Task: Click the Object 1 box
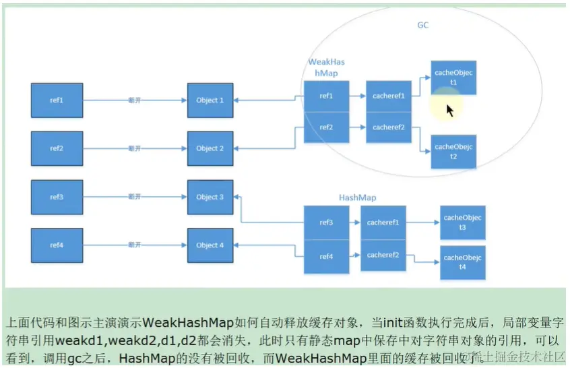coord(210,100)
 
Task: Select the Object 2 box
coord(210,149)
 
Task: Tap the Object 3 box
coord(210,197)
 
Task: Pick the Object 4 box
coord(210,245)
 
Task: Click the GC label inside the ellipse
coord(422,26)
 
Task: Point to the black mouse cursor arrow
coord(449,110)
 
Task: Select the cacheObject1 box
coord(453,78)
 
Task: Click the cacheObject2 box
coord(453,151)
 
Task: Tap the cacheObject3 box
coord(462,223)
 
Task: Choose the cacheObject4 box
coord(462,262)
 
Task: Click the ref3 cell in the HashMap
coord(326,222)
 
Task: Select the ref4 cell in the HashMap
coord(326,256)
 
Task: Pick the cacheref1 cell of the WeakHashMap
coord(388,96)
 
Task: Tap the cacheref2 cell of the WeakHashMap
coord(388,127)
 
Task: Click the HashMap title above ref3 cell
coord(357,198)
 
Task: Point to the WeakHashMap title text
coord(326,67)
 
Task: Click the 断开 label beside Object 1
coord(134,100)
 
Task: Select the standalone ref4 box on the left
coord(57,245)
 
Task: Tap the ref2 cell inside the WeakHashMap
coord(326,127)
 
